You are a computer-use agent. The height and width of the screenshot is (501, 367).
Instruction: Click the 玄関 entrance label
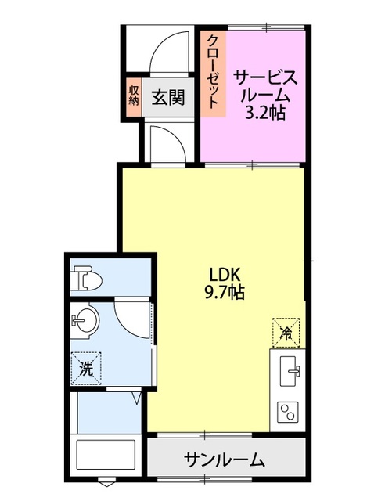click(168, 98)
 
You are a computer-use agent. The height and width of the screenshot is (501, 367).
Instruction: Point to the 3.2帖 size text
click(264, 113)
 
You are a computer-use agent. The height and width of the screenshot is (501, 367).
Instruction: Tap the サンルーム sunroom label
click(225, 459)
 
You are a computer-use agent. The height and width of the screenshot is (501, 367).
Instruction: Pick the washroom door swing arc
click(131, 317)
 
